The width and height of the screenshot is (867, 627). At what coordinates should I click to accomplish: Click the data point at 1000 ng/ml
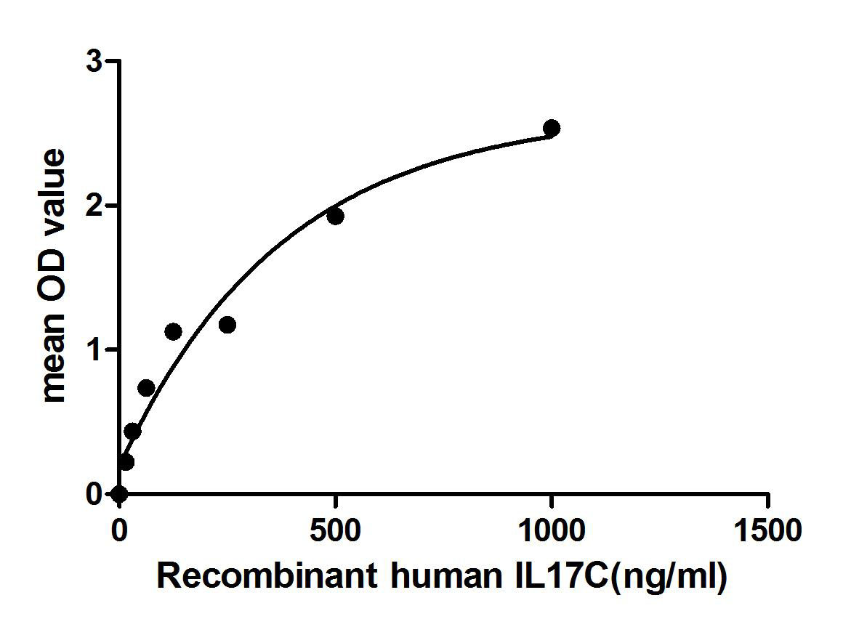pos(552,128)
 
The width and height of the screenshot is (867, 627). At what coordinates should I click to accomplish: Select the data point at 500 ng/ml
pos(335,216)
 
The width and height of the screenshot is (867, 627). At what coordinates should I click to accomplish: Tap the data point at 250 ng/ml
pos(227,325)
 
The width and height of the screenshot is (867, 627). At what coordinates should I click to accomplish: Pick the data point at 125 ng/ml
pos(173,331)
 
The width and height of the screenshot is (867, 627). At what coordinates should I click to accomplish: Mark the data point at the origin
pos(119,494)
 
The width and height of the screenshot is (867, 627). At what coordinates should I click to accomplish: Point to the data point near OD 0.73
pos(146,388)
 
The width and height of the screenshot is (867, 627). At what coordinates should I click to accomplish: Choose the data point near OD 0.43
pos(132,432)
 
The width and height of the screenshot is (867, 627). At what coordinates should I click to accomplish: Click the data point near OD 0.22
pos(126,462)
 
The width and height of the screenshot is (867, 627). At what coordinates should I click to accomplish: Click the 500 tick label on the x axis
pos(335,530)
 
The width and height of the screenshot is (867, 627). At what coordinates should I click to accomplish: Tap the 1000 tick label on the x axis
pos(551,530)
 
